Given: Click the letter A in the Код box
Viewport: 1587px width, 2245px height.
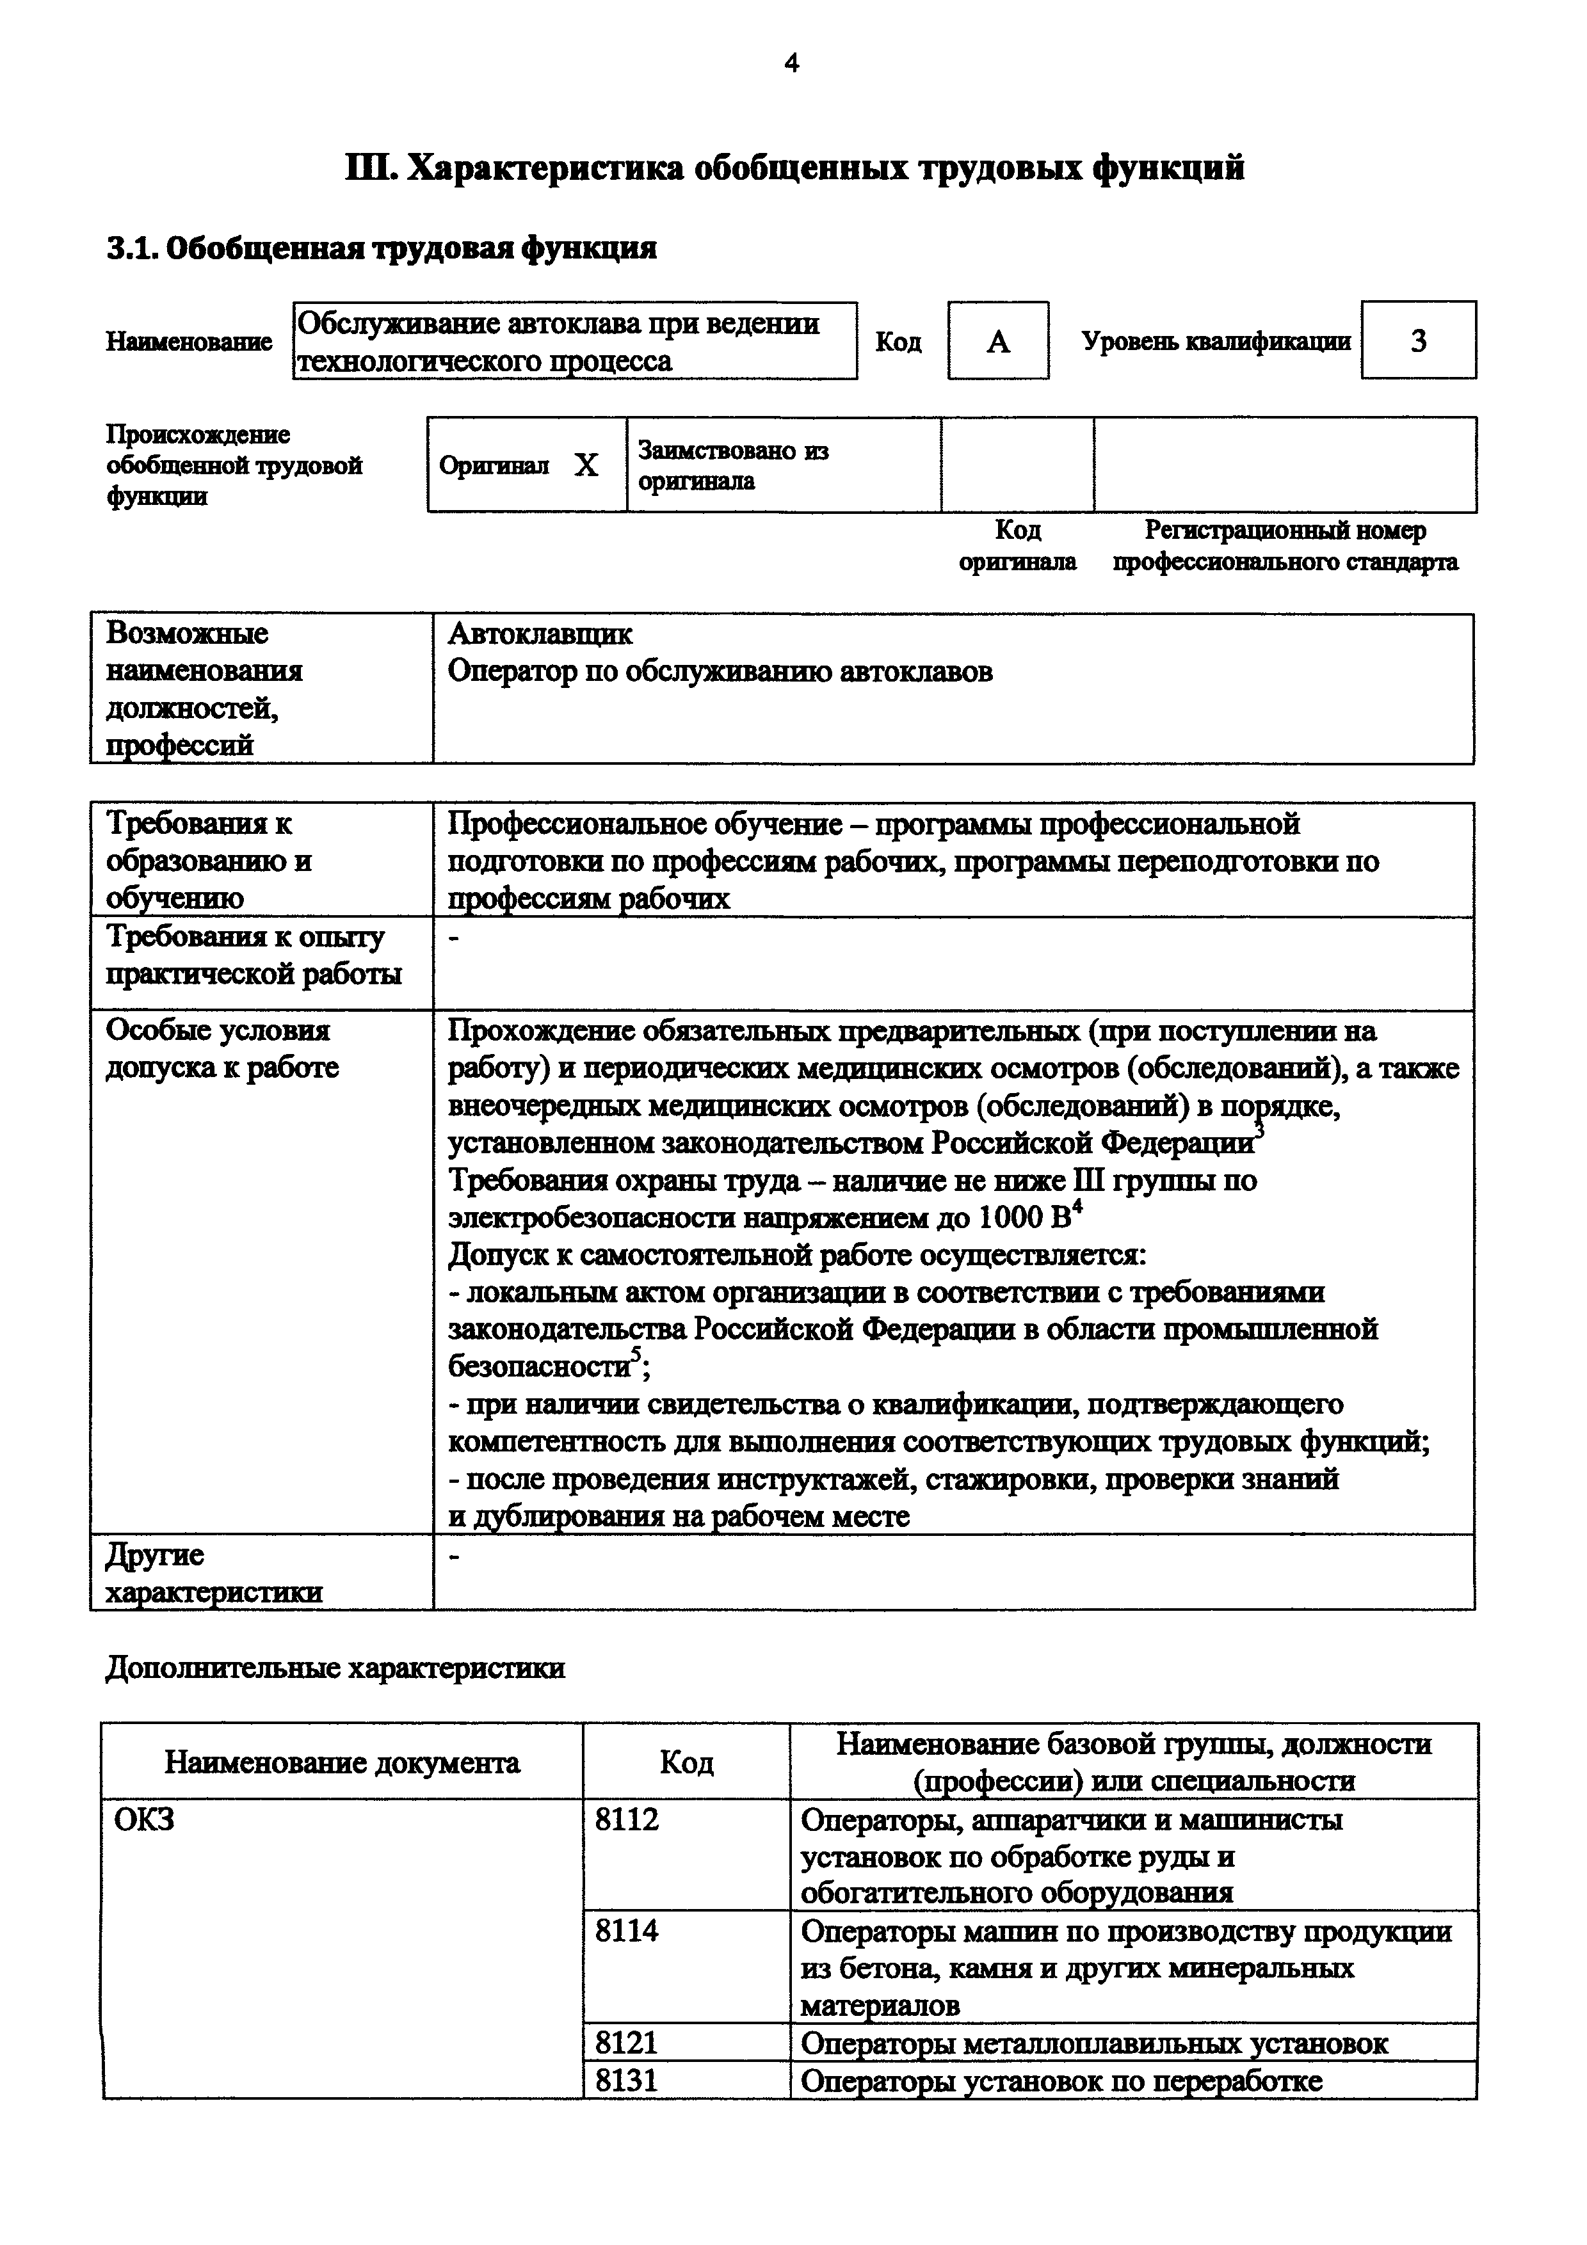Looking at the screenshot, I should pyautogui.click(x=997, y=341).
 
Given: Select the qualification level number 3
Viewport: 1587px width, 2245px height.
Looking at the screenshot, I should pyautogui.click(x=1418, y=341).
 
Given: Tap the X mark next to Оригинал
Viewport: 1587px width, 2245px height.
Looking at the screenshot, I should pyautogui.click(x=586, y=465).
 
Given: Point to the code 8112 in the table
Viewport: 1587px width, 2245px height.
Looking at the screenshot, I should pyautogui.click(x=627, y=1819).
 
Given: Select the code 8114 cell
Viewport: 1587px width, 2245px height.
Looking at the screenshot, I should pyautogui.click(x=627, y=1931).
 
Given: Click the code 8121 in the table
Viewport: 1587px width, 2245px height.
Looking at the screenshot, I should pyautogui.click(x=627, y=2043).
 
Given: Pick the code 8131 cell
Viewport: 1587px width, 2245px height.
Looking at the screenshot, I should pyautogui.click(x=627, y=2080).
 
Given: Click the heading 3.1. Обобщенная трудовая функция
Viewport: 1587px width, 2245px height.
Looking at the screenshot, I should pyautogui.click(x=382, y=248).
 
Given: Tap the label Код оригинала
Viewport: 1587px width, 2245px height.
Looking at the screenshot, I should pyautogui.click(x=1017, y=547).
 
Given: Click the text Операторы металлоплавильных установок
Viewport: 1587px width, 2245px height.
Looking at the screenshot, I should pyautogui.click(x=1093, y=2043).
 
